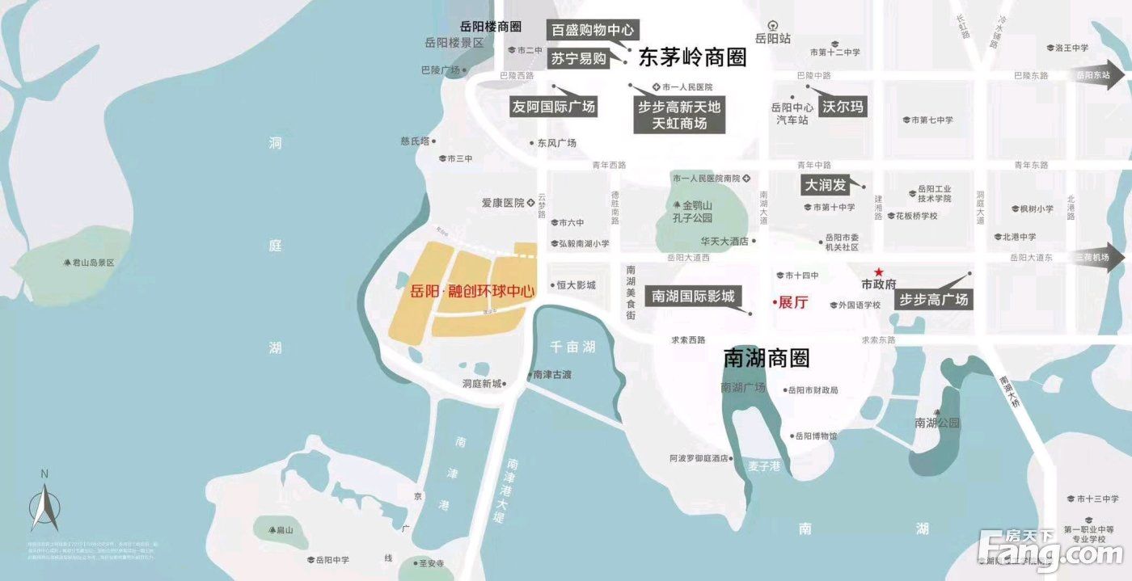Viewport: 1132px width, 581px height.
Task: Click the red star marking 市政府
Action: click(x=878, y=272)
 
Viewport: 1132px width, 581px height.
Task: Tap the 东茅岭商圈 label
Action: click(x=692, y=57)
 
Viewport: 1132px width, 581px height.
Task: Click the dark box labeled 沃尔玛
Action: click(x=843, y=106)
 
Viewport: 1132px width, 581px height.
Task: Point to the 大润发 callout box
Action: click(x=825, y=185)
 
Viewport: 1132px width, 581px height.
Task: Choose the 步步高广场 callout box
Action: click(x=933, y=300)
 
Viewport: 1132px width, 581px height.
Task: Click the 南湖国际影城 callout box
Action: click(x=693, y=297)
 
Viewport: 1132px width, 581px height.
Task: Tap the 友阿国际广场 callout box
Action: click(x=554, y=106)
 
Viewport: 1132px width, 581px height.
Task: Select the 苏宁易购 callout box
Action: click(x=578, y=58)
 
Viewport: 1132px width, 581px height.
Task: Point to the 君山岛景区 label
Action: click(x=89, y=263)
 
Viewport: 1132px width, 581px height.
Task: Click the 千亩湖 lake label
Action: click(x=572, y=347)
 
